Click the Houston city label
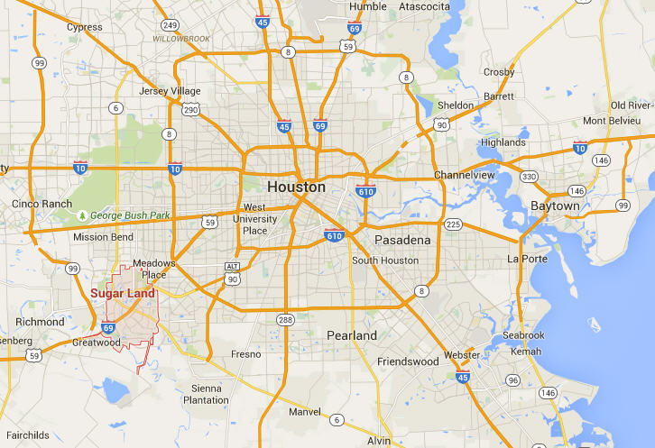(297, 187)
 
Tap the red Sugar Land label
(123, 293)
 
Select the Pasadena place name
(402, 241)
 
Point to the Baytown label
(555, 206)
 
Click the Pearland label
(352, 335)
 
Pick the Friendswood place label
(407, 361)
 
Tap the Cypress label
(85, 27)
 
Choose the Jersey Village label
(171, 91)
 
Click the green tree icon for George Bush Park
(84, 216)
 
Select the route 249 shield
(169, 24)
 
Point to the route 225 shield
(454, 224)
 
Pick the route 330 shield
(530, 177)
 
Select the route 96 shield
(512, 380)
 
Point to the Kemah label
(526, 351)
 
